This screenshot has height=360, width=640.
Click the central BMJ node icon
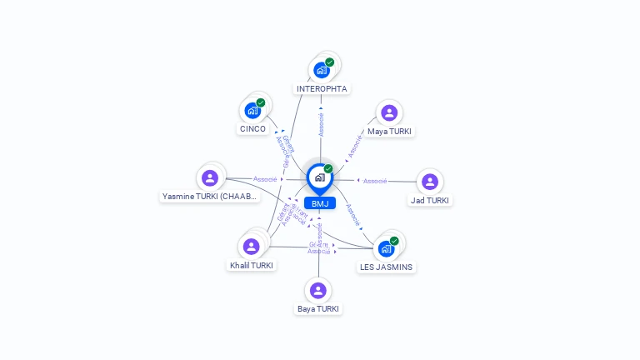click(319, 177)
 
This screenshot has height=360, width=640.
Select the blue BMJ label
click(320, 203)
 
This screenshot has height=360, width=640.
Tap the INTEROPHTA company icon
click(322, 70)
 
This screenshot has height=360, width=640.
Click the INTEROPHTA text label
click(322, 88)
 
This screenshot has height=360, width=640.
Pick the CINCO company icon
click(252, 110)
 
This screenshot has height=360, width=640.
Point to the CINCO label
click(252, 129)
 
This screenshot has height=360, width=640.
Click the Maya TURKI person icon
click(388, 112)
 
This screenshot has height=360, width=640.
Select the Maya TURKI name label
click(389, 132)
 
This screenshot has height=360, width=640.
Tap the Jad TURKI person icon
click(429, 182)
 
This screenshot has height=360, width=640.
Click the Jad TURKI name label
click(430, 201)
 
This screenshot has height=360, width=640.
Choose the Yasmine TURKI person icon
click(210, 177)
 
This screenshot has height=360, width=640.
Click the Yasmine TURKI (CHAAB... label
click(210, 197)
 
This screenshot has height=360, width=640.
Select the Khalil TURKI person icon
click(251, 247)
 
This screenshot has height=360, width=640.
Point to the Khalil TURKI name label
click(252, 266)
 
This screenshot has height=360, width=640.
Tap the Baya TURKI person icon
click(317, 290)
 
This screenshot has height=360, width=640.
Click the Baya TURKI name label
click(318, 309)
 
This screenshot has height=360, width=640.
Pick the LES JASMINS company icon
click(386, 248)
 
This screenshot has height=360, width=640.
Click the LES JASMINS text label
click(386, 267)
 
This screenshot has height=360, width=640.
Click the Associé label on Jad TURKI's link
click(375, 181)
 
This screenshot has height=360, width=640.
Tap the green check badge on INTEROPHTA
click(330, 62)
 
